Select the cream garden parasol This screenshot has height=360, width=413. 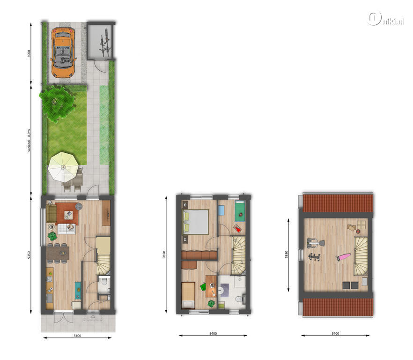[63, 167]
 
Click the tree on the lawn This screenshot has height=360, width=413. [58, 103]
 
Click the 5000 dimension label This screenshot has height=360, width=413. [29, 53]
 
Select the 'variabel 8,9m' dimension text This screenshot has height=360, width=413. [29, 140]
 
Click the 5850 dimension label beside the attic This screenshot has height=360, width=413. [287, 255]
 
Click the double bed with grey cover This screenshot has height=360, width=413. [195, 222]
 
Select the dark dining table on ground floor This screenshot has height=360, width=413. [58, 254]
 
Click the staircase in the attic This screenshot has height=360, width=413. [361, 256]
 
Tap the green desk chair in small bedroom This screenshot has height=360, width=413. [203, 286]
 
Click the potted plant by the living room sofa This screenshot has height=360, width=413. [52, 236]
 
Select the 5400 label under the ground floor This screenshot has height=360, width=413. [77, 336]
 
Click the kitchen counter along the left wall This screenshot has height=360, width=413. [50, 289]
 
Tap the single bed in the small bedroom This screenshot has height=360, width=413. [188, 295]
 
